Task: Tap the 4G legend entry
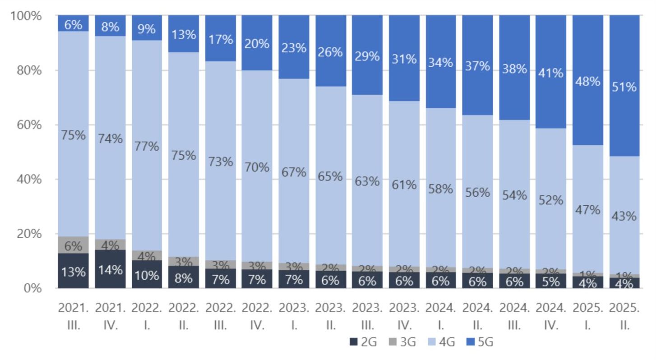[441, 342]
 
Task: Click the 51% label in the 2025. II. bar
[624, 87]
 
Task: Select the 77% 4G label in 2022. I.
[147, 146]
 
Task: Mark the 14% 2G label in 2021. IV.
[110, 270]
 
